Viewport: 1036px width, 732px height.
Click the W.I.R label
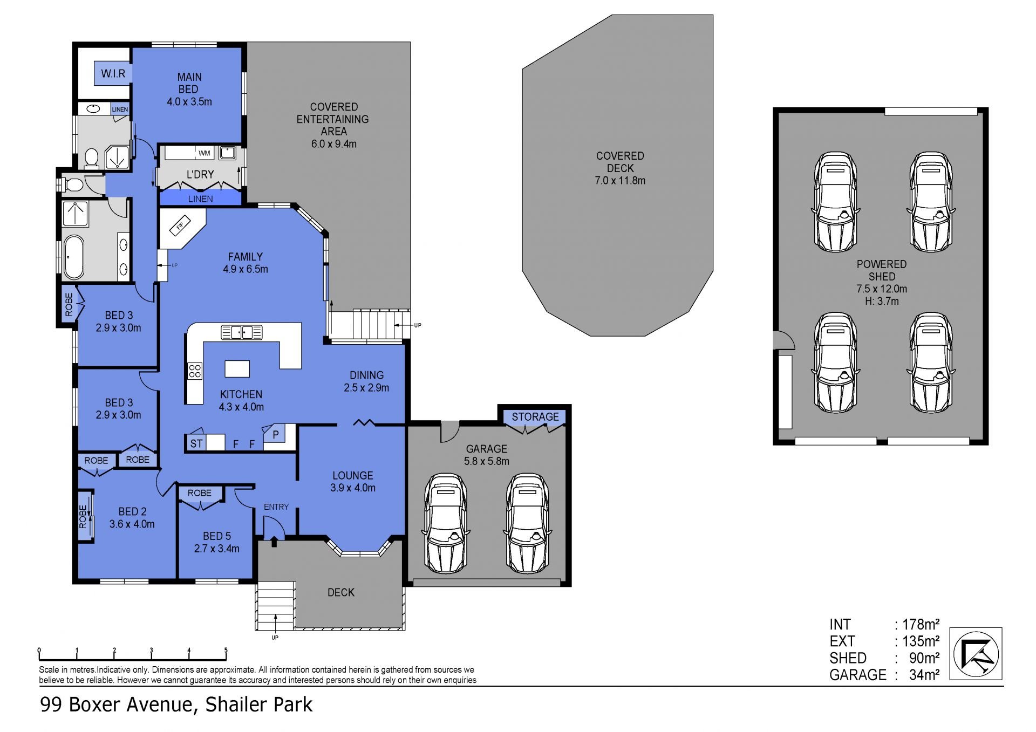tap(113, 73)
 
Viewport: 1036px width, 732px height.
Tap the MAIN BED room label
tap(189, 83)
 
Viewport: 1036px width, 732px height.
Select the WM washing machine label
tap(204, 153)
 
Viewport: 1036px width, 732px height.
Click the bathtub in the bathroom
tap(73, 255)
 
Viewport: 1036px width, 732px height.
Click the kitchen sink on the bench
tap(242, 332)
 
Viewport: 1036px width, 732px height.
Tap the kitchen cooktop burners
tap(195, 371)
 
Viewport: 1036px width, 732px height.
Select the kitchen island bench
tap(237, 368)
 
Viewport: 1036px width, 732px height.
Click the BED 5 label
tap(217, 536)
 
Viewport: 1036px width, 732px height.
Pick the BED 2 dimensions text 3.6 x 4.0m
tap(132, 524)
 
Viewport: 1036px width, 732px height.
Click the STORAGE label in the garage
tap(535, 417)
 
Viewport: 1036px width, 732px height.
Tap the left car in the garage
tap(446, 524)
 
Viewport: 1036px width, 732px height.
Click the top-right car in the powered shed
tap(931, 202)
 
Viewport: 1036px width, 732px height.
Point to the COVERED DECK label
tap(620, 162)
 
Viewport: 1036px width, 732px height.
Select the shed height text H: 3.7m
tap(882, 302)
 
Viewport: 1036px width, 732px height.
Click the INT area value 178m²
tap(921, 625)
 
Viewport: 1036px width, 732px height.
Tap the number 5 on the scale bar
tap(226, 651)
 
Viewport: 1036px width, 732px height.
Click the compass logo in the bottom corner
tap(976, 654)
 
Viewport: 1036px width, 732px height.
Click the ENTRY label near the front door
tap(276, 507)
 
